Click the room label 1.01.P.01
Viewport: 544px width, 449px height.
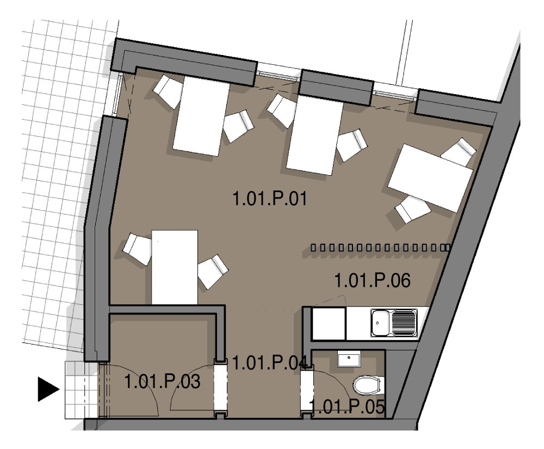(x=270, y=199)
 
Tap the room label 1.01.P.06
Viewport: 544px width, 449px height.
(x=372, y=280)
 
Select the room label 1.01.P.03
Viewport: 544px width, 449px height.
(x=162, y=382)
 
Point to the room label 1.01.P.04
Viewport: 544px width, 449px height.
(x=270, y=363)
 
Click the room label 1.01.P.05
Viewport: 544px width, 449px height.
(x=347, y=407)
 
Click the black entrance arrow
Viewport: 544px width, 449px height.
(x=48, y=389)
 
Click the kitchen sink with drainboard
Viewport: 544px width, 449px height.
(x=394, y=323)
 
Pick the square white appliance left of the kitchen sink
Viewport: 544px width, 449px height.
(x=329, y=323)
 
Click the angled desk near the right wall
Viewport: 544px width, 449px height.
(x=430, y=177)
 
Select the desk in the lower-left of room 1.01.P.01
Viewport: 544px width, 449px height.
(x=175, y=267)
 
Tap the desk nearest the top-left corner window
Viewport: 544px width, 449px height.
(x=201, y=116)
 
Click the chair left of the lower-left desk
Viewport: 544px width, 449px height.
(x=138, y=249)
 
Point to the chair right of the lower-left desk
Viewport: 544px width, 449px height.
(x=213, y=272)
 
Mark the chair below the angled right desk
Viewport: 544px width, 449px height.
(x=413, y=209)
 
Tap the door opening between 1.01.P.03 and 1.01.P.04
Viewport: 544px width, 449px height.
(x=220, y=388)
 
